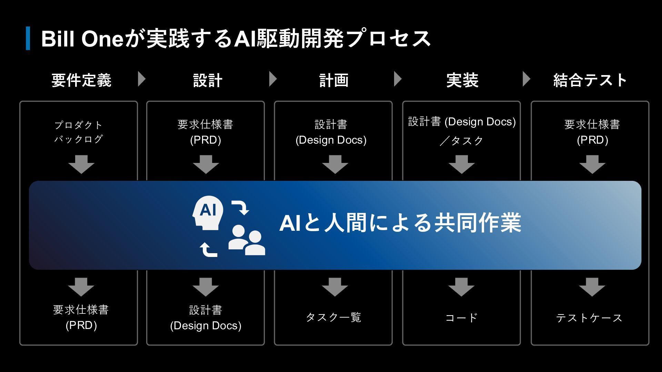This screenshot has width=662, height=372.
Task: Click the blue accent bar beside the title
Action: (x=28, y=38)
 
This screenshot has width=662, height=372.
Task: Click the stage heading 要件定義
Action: (x=81, y=80)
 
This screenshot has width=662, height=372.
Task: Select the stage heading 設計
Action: (x=208, y=80)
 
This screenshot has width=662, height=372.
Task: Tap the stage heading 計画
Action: (x=334, y=80)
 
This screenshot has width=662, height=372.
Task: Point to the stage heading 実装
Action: (x=462, y=80)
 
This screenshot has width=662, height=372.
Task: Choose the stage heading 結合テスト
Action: (x=590, y=80)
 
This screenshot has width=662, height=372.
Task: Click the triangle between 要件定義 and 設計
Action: (x=141, y=79)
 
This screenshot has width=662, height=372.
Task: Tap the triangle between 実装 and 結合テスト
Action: (x=526, y=79)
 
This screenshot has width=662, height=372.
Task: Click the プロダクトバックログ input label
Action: (x=79, y=132)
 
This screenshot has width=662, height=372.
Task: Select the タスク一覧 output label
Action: (x=333, y=317)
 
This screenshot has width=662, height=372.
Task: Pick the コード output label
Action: (x=461, y=317)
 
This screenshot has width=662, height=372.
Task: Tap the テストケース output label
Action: (x=589, y=318)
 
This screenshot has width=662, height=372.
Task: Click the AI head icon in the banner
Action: (x=208, y=213)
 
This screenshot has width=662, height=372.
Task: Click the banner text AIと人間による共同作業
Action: (x=400, y=223)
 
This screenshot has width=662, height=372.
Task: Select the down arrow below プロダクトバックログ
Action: (x=81, y=164)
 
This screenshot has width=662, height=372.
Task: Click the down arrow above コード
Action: (x=461, y=287)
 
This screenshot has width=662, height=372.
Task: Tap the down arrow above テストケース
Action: (x=592, y=287)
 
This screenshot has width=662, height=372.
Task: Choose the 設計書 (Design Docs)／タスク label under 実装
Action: (x=462, y=131)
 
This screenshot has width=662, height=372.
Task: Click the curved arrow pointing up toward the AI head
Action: (x=208, y=250)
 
